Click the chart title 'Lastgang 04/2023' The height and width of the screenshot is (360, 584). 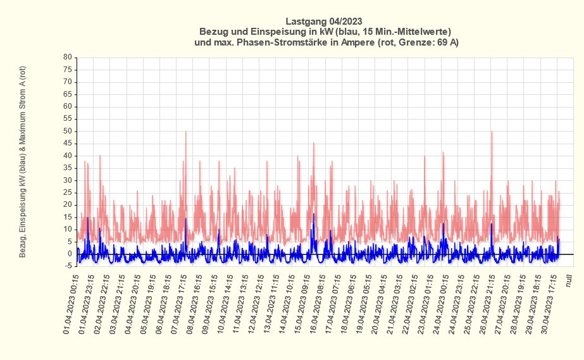pyautogui.click(x=324, y=20)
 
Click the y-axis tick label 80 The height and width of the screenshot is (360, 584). pyautogui.click(x=67, y=57)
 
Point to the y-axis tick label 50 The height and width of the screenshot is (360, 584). pyautogui.click(x=67, y=131)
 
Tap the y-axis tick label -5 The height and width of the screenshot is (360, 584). pyautogui.click(x=67, y=266)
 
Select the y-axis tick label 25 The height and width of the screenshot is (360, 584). pyautogui.click(x=67, y=192)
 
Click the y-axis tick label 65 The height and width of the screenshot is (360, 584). pyautogui.click(x=67, y=94)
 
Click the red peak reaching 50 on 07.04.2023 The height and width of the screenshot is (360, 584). pyautogui.click(x=185, y=132)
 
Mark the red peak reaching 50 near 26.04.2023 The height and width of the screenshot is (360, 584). pyautogui.click(x=492, y=132)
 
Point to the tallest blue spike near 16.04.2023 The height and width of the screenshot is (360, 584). pyautogui.click(x=313, y=214)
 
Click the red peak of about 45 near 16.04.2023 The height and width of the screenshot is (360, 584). pyautogui.click(x=313, y=143)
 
